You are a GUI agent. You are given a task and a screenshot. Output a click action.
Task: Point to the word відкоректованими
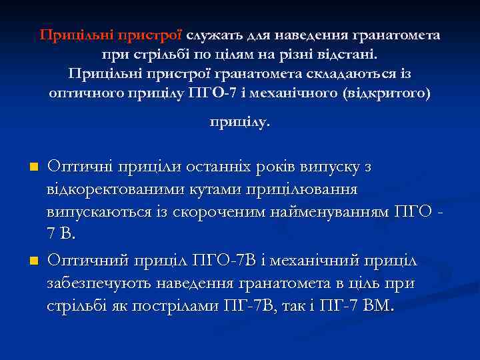pos(107,189)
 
